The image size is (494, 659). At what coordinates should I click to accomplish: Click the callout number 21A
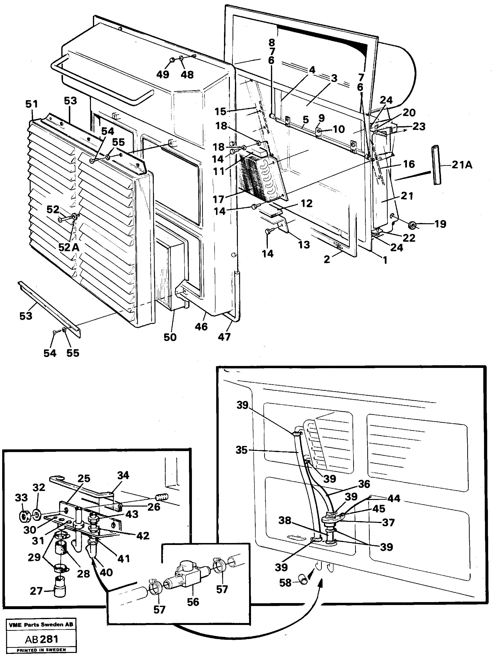point(462,165)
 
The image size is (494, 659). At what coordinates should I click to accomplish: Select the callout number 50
point(170,337)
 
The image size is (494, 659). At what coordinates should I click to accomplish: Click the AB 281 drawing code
point(41,639)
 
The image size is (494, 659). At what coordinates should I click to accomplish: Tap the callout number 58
point(285,582)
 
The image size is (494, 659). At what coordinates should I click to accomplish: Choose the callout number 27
point(36,591)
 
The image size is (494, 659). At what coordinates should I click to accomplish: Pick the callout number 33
point(21,498)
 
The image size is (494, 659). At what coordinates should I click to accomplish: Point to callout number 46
point(201,327)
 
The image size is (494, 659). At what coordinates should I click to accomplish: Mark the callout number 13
point(304,245)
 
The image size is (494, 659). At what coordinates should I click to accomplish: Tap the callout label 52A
point(69,247)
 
